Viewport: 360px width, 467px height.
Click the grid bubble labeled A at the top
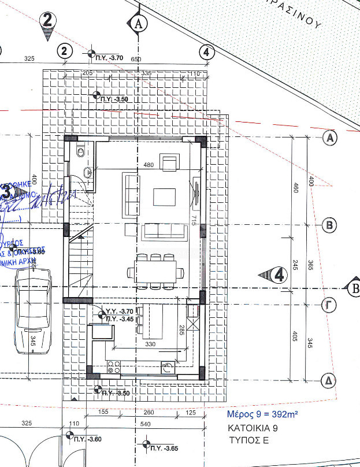point(138,24)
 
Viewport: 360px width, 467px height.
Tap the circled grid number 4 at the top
point(206,51)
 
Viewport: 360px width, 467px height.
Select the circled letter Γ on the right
point(328,306)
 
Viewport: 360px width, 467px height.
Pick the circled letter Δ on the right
point(328,381)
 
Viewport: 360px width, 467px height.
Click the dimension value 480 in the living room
point(149,165)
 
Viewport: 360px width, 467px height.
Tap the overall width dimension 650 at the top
point(136,60)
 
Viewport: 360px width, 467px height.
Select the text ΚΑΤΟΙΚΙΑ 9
point(254,429)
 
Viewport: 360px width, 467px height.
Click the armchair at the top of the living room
point(170,163)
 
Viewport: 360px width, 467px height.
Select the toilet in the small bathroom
point(80,153)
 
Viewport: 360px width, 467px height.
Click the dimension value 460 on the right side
point(295,188)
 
